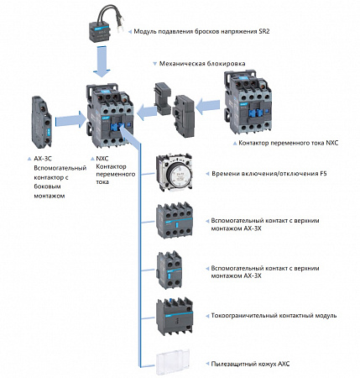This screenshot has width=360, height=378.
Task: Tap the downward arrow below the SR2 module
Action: point(102,61)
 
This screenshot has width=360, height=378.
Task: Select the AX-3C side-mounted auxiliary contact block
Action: point(42,122)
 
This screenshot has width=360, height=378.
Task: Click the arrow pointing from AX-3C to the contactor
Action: point(70,121)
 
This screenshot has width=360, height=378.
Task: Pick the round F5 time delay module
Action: point(174,172)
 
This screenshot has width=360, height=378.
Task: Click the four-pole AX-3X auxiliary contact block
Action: point(175,220)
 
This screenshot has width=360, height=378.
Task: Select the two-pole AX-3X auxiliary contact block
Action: point(170,270)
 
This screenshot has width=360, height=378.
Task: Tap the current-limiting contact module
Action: point(175,316)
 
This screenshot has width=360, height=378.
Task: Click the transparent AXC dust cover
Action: point(173,362)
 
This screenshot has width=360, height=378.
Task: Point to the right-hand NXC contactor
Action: point(248,102)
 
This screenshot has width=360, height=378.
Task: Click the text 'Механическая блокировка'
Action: point(202,64)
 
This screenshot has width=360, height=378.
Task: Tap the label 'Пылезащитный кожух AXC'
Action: point(250,364)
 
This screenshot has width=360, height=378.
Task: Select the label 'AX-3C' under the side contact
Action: point(43,159)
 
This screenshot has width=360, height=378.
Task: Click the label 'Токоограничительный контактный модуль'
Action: point(274,316)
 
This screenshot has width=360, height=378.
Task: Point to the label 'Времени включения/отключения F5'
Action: point(269,173)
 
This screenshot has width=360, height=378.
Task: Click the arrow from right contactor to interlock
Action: point(208,107)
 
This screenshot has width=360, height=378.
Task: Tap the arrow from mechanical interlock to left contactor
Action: point(147,112)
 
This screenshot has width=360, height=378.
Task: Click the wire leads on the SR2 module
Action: point(113,15)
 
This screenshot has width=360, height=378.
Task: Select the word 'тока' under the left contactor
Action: point(102,181)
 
